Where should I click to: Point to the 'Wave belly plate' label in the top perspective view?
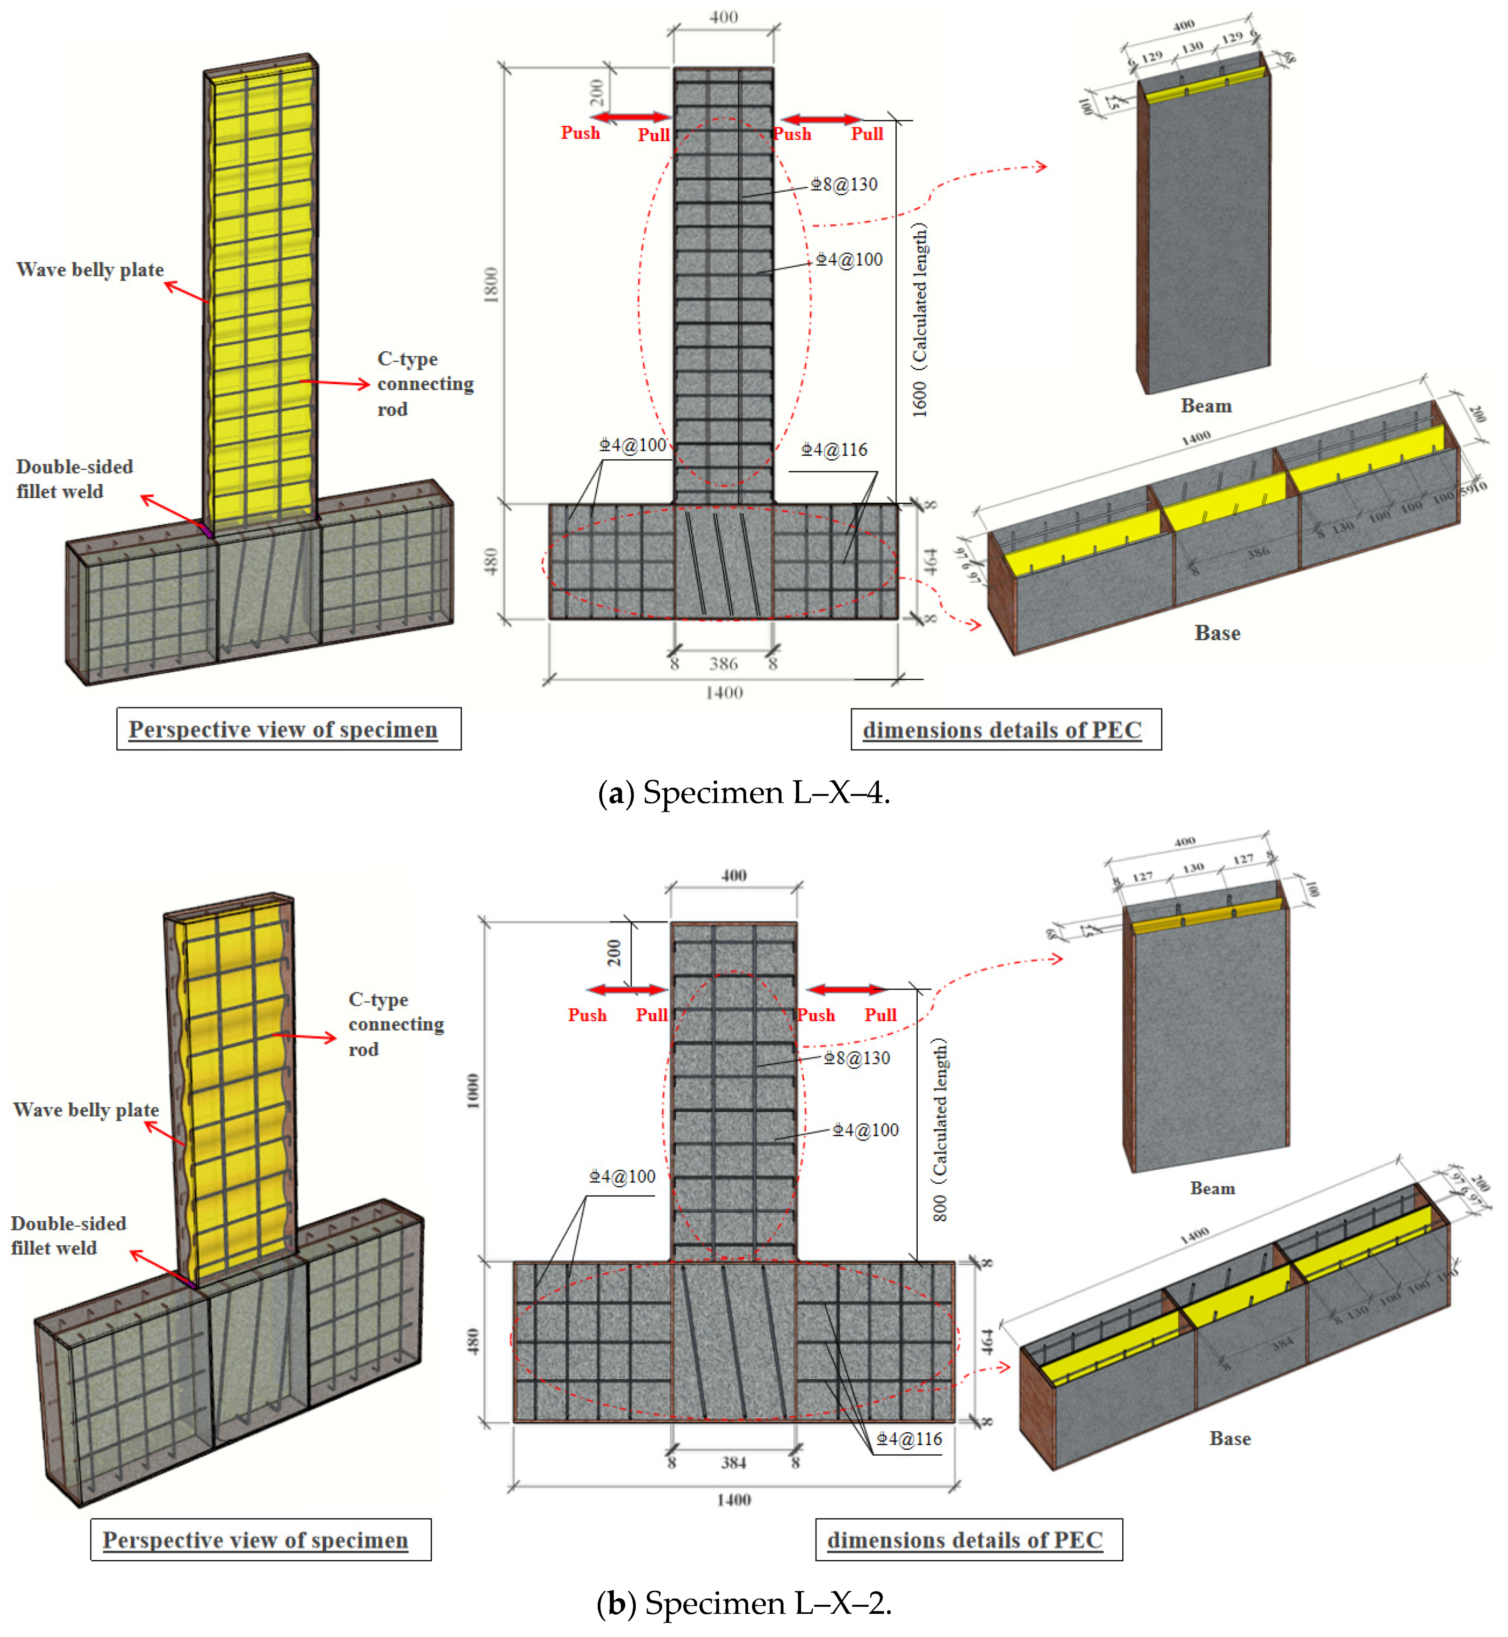click(90, 270)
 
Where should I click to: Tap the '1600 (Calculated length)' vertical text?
click(920, 320)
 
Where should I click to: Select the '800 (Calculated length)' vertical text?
click(940, 1130)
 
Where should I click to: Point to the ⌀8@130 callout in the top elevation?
click(844, 184)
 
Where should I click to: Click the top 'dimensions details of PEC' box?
click(1005, 729)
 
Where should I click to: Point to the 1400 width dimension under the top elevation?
click(724, 692)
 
